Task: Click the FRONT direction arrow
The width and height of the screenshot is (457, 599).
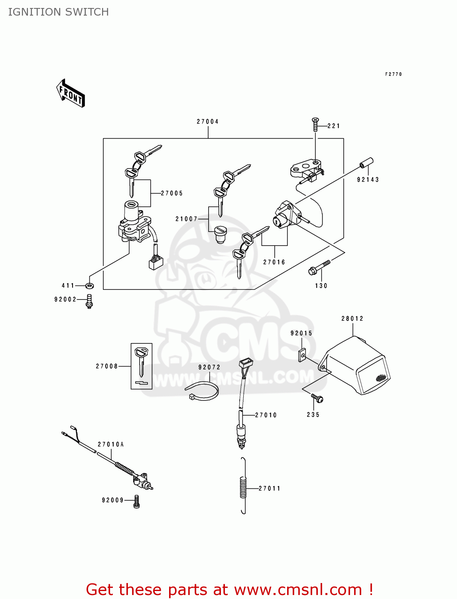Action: pyautogui.click(x=71, y=93)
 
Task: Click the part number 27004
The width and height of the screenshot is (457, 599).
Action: pyautogui.click(x=208, y=122)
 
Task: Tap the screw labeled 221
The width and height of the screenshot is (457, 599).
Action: pyautogui.click(x=315, y=125)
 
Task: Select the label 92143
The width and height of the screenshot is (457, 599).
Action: pyautogui.click(x=368, y=180)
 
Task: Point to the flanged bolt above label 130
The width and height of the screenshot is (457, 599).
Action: pyautogui.click(x=319, y=267)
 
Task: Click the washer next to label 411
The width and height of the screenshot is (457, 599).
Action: pyautogui.click(x=89, y=286)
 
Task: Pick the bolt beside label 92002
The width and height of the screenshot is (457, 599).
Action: pyautogui.click(x=89, y=301)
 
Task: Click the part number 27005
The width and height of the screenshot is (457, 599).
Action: pyautogui.click(x=172, y=193)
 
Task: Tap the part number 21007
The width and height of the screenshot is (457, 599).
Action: pyautogui.click(x=186, y=219)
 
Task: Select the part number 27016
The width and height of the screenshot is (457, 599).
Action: pyautogui.click(x=274, y=262)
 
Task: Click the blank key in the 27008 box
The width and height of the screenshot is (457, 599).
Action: pyautogui.click(x=142, y=363)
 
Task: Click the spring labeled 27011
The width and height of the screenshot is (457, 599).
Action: pyautogui.click(x=243, y=486)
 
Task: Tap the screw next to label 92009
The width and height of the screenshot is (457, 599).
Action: pyautogui.click(x=136, y=502)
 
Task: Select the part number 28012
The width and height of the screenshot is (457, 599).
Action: pyautogui.click(x=353, y=318)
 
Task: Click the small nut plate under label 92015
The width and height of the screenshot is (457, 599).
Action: pyautogui.click(x=302, y=355)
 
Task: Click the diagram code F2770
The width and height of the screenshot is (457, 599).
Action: pyautogui.click(x=394, y=74)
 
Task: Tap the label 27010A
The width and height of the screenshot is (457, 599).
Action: pyautogui.click(x=110, y=444)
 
